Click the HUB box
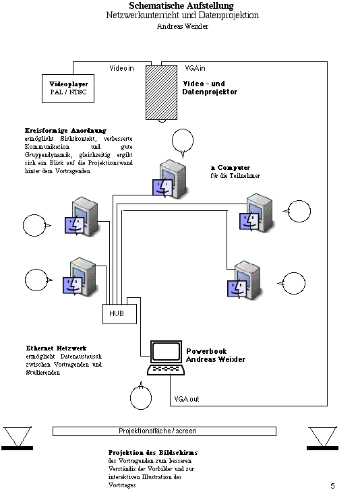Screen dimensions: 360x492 pos(119,314)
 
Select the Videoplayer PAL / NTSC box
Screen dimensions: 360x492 pos(68,88)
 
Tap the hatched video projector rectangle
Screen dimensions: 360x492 pos(161,92)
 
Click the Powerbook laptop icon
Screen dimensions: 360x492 pos(166,358)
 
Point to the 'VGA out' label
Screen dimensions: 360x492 pos(187,399)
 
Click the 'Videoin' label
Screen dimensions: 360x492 pos(121,68)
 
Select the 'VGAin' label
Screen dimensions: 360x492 pos(195,68)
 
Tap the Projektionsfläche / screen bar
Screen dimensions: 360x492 pos(164,431)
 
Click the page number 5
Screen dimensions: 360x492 pos(332,486)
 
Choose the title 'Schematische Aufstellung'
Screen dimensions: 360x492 pos(181,5)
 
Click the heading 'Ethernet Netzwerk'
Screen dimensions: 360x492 pos(56,348)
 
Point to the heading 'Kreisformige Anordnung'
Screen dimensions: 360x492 pos(65,131)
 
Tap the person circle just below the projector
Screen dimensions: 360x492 pos(183,142)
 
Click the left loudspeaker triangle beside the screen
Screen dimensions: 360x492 pos(18,437)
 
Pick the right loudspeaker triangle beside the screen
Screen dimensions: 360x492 pos(323,438)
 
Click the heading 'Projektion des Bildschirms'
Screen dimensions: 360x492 pos(153,452)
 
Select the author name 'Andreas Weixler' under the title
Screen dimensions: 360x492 pos(182,26)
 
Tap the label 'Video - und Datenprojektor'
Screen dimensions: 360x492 pos(210,88)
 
